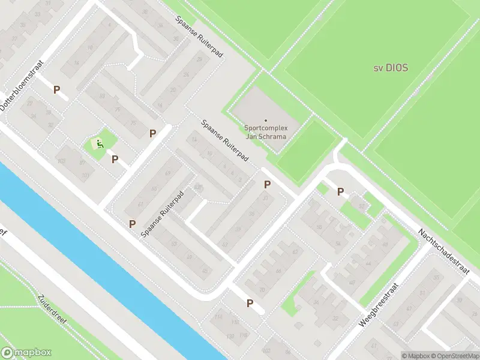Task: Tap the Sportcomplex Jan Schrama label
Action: point(266,132)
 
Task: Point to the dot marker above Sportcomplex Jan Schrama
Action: point(266,121)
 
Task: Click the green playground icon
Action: point(98,143)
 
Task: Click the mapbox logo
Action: point(26,353)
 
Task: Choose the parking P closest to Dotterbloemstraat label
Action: point(57,90)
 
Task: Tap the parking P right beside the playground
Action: point(115,160)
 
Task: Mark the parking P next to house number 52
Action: point(340,192)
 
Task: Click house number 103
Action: point(61,161)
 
